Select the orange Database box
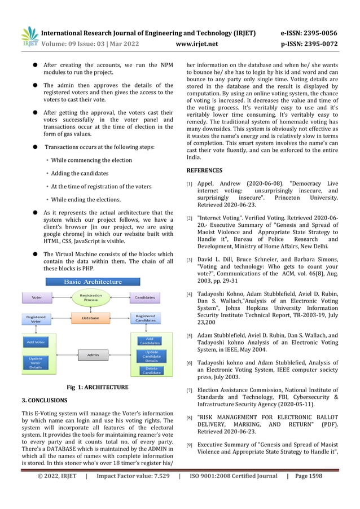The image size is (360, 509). (90, 318)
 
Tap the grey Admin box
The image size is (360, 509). (90, 354)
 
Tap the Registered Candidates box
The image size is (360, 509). (145, 319)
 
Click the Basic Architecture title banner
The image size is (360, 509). (93, 282)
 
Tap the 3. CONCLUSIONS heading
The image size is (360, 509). (45, 400)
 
